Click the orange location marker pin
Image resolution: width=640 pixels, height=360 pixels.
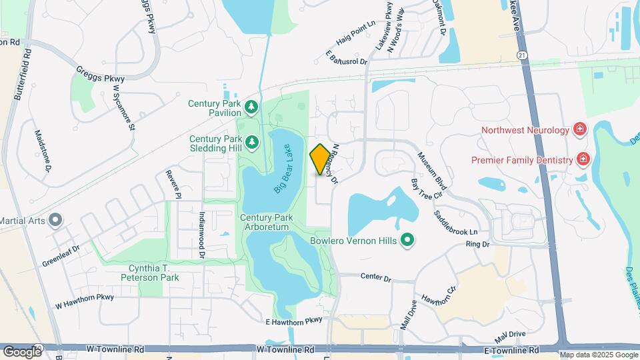coord(320,159)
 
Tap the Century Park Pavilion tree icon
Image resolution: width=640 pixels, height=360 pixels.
coord(251,107)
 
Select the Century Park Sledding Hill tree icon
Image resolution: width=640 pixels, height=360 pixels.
coord(251,141)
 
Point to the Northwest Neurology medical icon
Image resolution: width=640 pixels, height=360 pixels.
coord(579,129)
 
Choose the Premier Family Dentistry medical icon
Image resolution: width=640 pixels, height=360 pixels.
coord(583,159)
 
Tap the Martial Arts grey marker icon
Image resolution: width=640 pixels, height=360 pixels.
coord(55,219)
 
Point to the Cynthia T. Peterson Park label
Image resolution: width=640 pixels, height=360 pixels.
coord(153,273)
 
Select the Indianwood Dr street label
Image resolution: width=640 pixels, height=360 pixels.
coord(201,234)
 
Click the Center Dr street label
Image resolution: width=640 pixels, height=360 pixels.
coord(375,276)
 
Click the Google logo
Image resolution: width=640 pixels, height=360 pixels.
coord(21,351)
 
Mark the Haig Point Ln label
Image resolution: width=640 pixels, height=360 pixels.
coord(356,40)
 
